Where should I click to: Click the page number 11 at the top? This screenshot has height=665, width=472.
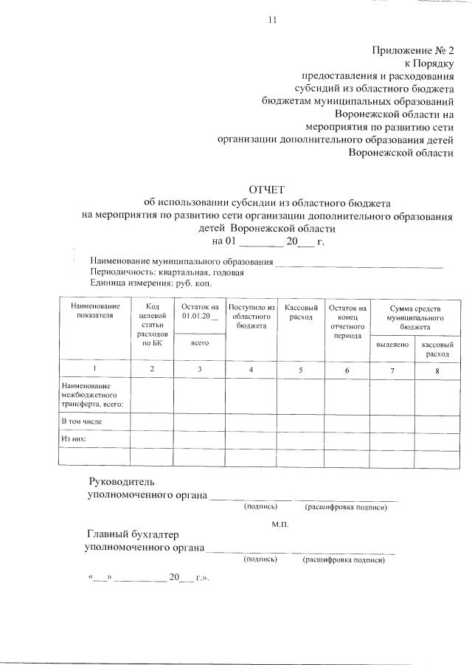click(x=271, y=20)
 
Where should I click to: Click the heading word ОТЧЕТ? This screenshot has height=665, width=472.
click(x=268, y=190)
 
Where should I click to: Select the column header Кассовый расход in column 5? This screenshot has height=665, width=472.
click(x=301, y=311)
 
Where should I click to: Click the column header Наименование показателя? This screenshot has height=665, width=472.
click(x=94, y=311)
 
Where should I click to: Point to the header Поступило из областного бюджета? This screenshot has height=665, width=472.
click(x=251, y=316)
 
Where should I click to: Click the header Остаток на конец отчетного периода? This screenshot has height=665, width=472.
click(x=347, y=321)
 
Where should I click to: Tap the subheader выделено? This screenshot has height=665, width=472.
click(x=392, y=345)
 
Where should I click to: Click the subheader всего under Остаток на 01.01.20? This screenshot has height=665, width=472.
click(x=198, y=342)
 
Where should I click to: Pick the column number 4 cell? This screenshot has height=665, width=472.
click(x=251, y=369)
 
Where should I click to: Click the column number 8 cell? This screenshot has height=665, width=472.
click(x=437, y=371)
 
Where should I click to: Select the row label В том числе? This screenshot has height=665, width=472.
click(x=81, y=421)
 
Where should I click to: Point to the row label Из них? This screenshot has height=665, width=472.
click(x=74, y=438)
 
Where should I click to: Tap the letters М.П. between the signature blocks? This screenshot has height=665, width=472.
click(x=280, y=524)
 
